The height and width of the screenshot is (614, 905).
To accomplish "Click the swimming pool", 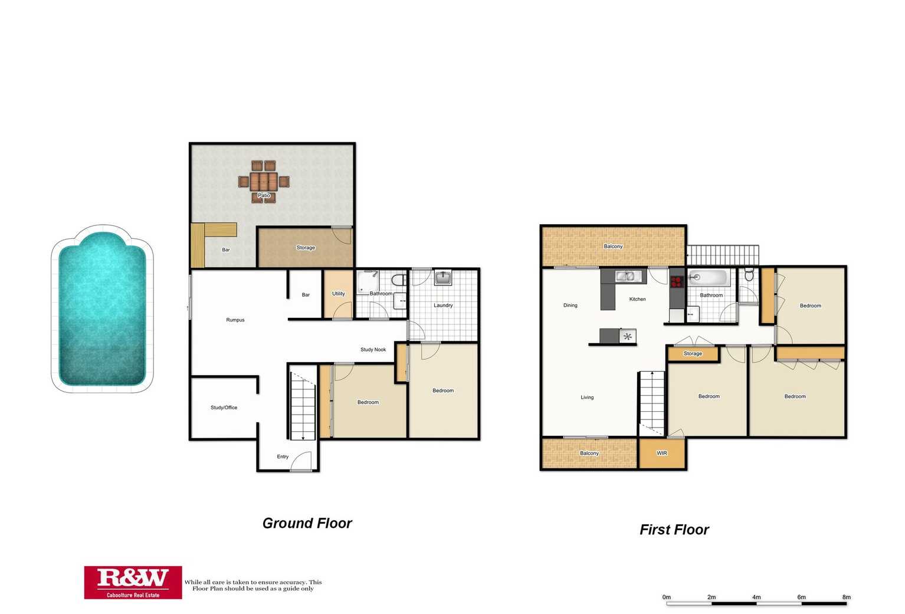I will pyautogui.click(x=102, y=308).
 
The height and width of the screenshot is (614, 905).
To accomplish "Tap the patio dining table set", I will pyautogui.click(x=264, y=181).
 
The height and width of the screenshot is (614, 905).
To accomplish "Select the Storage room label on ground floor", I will pyautogui.click(x=306, y=248).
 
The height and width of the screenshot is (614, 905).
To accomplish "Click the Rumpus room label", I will pyautogui.click(x=235, y=320).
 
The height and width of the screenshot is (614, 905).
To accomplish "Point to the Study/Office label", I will pyautogui.click(x=224, y=408).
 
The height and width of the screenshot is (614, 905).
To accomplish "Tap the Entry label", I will pyautogui.click(x=283, y=457).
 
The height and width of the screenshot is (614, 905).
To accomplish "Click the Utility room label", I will pyautogui.click(x=338, y=294).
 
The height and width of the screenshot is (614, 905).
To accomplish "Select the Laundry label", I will pyautogui.click(x=443, y=306).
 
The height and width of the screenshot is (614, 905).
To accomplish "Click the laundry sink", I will pyautogui.click(x=443, y=277).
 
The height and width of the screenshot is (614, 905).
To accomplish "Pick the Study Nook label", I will pyautogui.click(x=373, y=350).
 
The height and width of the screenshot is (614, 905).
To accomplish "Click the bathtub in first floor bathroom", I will pyautogui.click(x=709, y=277).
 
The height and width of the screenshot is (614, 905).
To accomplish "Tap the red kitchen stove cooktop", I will pyautogui.click(x=677, y=281).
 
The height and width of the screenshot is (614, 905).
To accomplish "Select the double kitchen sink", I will pyautogui.click(x=625, y=276).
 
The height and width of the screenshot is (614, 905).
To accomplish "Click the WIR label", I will pyautogui.click(x=661, y=454).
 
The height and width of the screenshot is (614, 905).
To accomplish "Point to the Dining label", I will pyautogui.click(x=570, y=306).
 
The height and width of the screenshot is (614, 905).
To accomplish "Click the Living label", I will pyautogui.click(x=587, y=398).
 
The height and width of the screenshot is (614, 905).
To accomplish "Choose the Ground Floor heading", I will pyautogui.click(x=307, y=523).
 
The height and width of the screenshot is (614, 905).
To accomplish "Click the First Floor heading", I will pyautogui.click(x=674, y=530).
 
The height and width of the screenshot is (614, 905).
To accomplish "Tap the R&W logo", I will pyautogui.click(x=133, y=582).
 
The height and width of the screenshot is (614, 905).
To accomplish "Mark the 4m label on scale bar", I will pyautogui.click(x=756, y=597).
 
